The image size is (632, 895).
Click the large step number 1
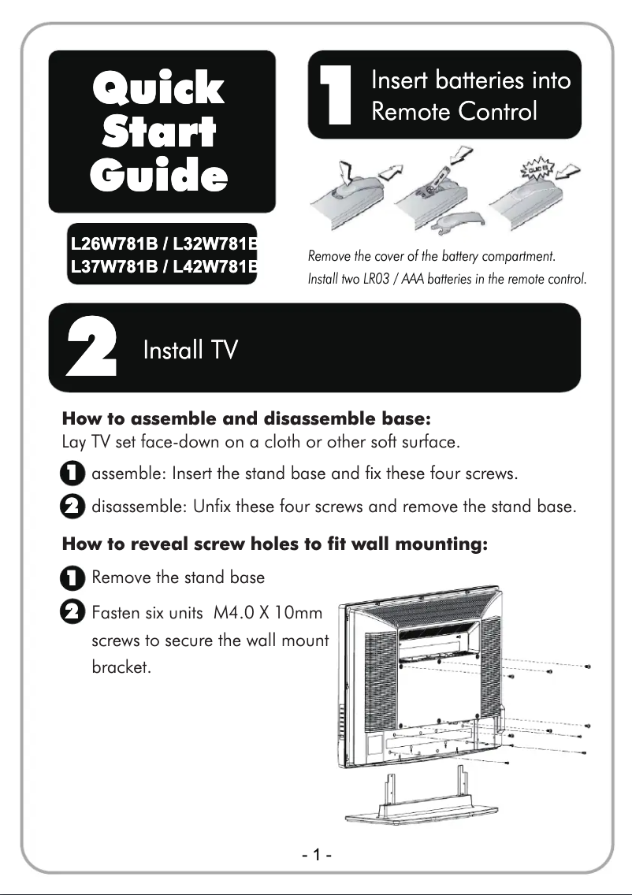click(334, 95)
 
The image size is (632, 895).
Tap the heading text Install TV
click(190, 350)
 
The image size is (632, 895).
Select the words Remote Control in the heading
click(454, 111)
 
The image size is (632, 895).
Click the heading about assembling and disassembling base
click(246, 416)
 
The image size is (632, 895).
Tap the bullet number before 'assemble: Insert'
click(71, 474)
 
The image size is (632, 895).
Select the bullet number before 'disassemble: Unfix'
click(71, 507)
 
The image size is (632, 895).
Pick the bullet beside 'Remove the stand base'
click(71, 577)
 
